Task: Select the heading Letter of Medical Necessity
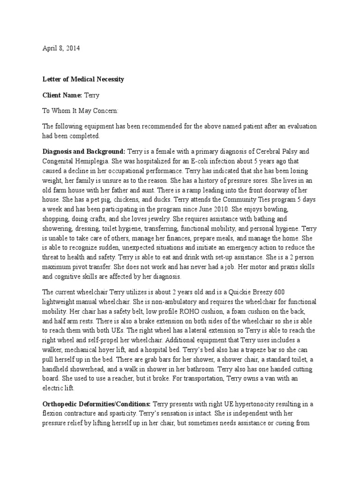pos(83,79)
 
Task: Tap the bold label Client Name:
pos(62,95)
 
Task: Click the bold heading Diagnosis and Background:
pos(84,151)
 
